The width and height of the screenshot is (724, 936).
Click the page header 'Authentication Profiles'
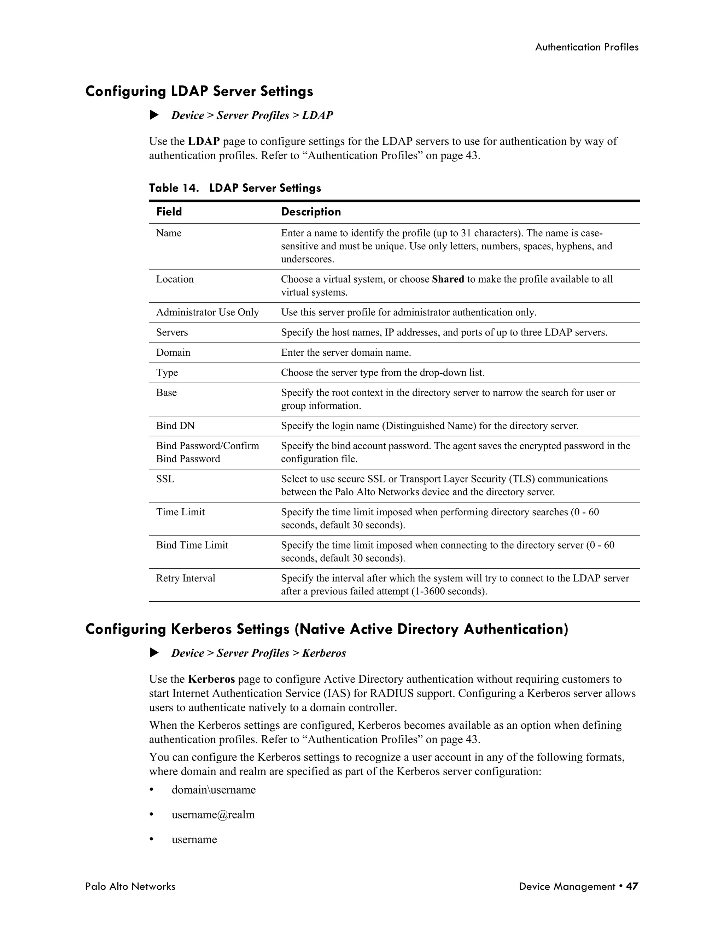click(586, 47)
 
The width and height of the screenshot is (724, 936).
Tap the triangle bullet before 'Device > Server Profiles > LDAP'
click(154, 115)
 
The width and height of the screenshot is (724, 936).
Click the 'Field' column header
click(169, 212)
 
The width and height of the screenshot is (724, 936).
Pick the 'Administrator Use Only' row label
click(207, 313)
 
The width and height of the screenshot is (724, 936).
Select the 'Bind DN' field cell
click(175, 426)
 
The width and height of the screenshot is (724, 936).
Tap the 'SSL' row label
click(165, 479)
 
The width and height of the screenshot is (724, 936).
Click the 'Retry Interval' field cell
click(185, 579)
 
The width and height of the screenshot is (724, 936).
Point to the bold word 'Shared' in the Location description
click(448, 279)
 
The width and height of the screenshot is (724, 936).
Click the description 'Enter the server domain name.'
click(346, 353)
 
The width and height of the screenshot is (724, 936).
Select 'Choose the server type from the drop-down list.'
click(383, 373)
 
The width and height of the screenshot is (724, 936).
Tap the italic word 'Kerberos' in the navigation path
click(324, 653)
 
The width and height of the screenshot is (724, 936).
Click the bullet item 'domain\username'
click(213, 790)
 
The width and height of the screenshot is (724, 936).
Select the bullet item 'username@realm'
click(213, 815)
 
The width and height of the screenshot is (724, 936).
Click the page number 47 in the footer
click(632, 886)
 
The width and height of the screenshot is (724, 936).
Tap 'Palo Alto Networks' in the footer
click(130, 886)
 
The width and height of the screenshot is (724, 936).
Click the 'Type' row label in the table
click(167, 373)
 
